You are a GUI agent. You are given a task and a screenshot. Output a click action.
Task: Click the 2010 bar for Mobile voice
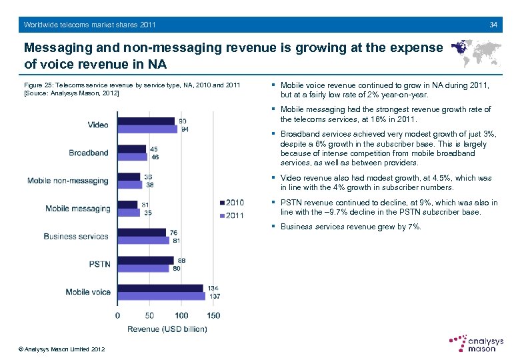pos(161,288)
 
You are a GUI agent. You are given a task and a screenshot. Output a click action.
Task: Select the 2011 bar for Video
pos(147,129)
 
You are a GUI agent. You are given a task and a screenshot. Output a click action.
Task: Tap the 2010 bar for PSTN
pos(146,260)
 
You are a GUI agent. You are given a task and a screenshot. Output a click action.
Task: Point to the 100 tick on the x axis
pos(181,315)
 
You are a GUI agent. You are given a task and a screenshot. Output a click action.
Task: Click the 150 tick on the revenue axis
pos(213,315)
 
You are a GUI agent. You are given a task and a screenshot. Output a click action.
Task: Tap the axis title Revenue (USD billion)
pos(167,329)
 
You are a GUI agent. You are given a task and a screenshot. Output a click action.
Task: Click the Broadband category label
pos(88,153)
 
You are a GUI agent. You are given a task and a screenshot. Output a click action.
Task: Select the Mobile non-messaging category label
pos(67,181)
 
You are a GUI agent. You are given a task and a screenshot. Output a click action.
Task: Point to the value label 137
pos(214,296)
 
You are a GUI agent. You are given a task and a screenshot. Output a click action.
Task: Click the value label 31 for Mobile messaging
pos(145,205)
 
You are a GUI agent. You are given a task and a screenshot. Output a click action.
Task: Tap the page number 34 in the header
pos(493,25)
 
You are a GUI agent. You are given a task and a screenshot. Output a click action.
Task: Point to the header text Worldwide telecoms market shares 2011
pos(90,25)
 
